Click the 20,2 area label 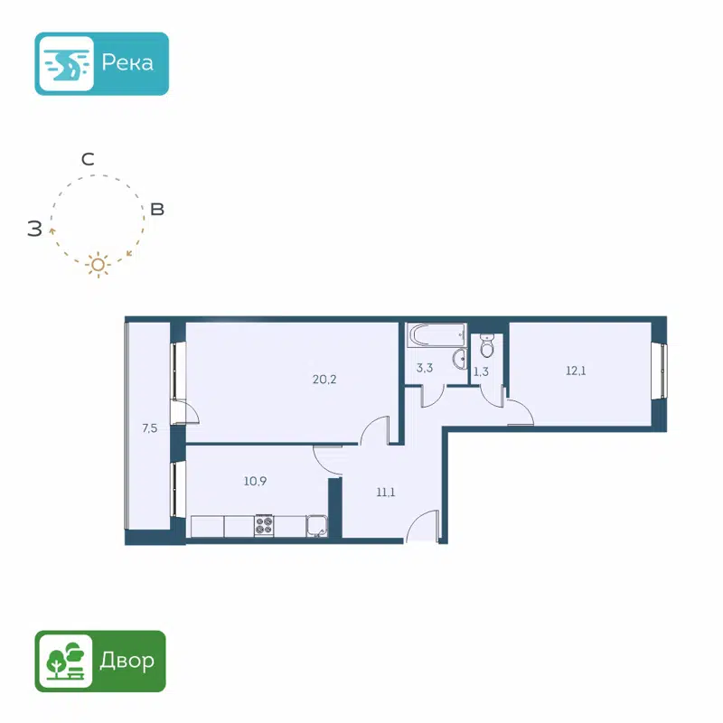pos(324,379)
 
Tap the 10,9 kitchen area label pos(255,481)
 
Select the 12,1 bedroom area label pos(576,370)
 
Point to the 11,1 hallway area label pos(386,493)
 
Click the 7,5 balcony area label pos(150,429)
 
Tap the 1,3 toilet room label pos(481,371)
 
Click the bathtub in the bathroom pos(435,336)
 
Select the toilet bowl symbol pos(487,346)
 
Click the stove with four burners pos(264,525)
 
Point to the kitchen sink pos(316,525)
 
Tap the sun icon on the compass pos(98,265)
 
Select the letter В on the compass pos(157,210)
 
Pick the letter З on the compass pos(34,229)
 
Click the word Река pos(127,63)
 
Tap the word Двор pos(127,661)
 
